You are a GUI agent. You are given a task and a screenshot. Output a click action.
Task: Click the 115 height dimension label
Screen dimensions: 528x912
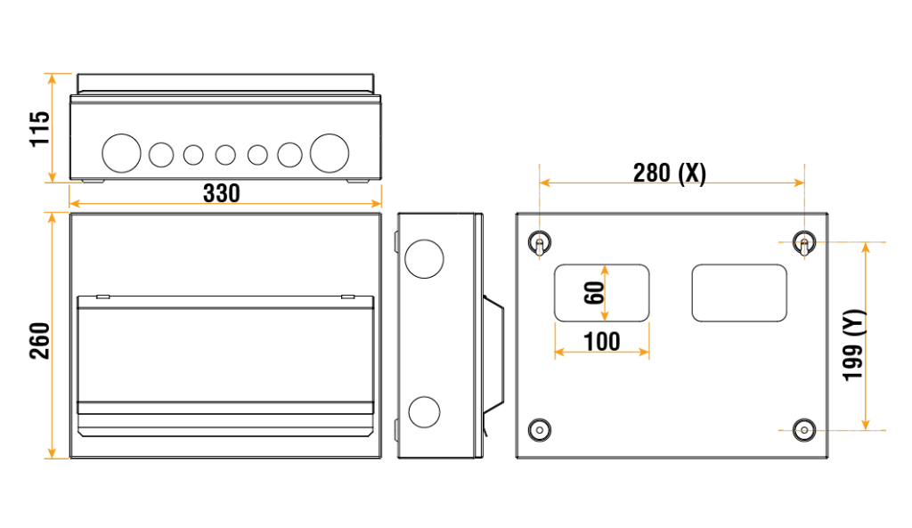(x=40, y=129)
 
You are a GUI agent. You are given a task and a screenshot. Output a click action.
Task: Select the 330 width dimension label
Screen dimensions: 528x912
(x=221, y=192)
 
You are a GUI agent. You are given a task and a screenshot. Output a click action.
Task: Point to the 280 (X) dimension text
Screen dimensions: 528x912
(x=669, y=173)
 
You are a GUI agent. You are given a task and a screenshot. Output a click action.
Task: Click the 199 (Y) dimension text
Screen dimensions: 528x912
(x=854, y=344)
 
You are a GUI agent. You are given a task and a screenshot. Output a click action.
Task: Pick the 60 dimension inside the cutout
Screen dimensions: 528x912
(x=594, y=293)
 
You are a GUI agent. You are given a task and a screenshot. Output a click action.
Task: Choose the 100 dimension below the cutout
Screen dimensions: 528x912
(x=602, y=340)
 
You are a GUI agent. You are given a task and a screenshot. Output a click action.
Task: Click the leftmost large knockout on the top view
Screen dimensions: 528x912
(x=122, y=153)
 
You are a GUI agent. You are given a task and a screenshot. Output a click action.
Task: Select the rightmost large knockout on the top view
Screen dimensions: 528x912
(x=330, y=153)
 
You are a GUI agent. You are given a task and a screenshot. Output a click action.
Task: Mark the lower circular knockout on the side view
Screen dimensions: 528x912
(x=424, y=412)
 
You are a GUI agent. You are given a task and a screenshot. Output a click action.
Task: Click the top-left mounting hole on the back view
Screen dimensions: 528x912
(x=539, y=241)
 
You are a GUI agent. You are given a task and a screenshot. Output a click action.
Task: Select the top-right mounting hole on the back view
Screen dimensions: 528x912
(x=803, y=241)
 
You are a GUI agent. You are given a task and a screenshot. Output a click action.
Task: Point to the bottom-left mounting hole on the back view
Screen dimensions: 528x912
(x=539, y=429)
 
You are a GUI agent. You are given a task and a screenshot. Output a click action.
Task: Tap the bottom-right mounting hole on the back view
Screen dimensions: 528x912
(x=803, y=429)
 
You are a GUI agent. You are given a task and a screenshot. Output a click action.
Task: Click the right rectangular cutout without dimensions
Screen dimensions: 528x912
(x=739, y=293)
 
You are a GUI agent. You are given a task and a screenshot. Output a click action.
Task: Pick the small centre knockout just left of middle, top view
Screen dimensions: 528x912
(x=193, y=155)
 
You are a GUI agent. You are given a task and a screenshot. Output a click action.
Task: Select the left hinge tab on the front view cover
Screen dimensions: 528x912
(x=102, y=296)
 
